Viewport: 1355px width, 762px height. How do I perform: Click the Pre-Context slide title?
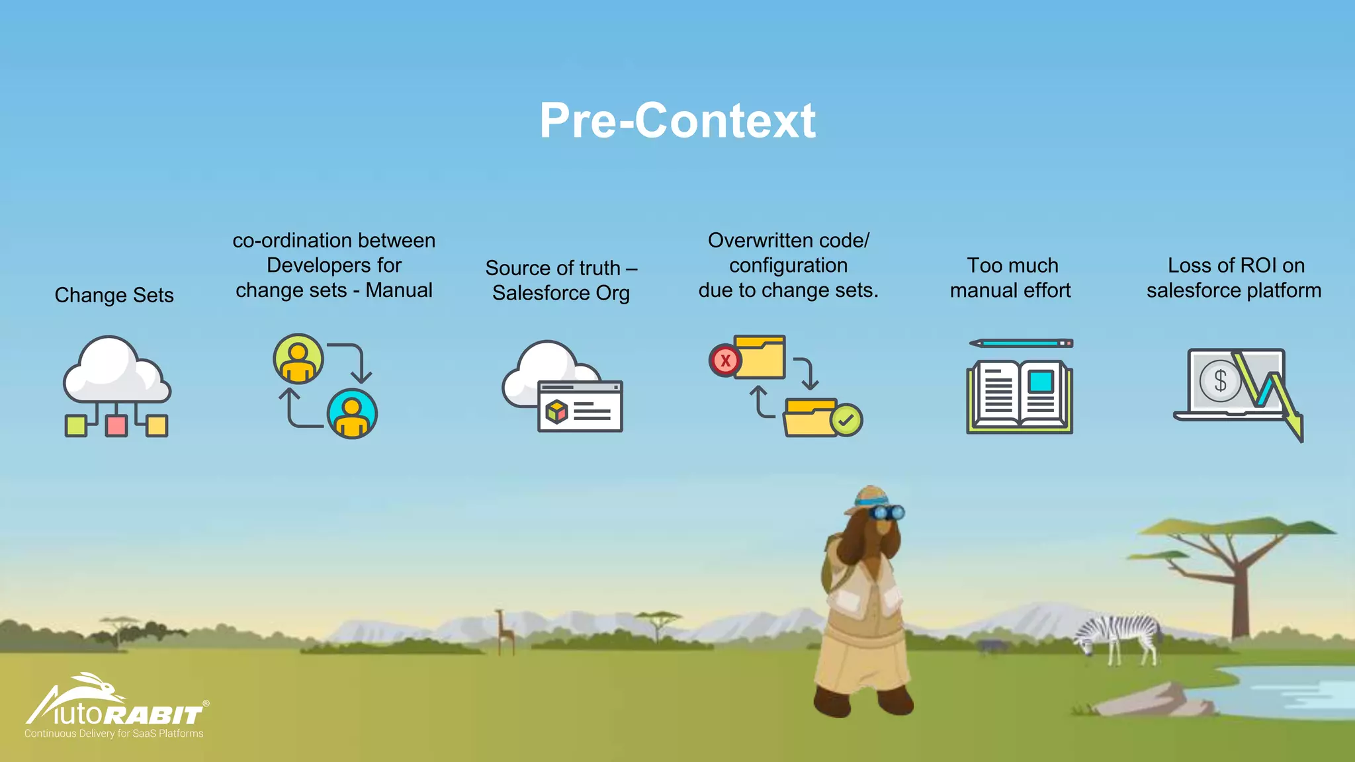(x=677, y=120)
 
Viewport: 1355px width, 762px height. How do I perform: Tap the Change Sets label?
(x=114, y=295)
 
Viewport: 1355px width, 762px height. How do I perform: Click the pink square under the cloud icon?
(x=116, y=425)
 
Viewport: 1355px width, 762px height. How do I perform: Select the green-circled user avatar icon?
(x=298, y=359)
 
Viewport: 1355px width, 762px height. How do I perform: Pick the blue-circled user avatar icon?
(x=352, y=414)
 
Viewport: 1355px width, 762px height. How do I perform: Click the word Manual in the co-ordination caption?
(x=399, y=290)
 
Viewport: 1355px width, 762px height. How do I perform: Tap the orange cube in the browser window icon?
(x=556, y=412)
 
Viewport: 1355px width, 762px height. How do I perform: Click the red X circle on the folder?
(x=725, y=360)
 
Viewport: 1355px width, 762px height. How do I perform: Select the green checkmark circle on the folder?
(x=846, y=419)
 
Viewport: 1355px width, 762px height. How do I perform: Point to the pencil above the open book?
(x=1021, y=343)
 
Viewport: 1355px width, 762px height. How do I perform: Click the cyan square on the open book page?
(x=1041, y=382)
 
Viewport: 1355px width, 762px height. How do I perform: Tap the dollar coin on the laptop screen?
(x=1219, y=381)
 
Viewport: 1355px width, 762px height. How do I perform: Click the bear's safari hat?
(x=869, y=498)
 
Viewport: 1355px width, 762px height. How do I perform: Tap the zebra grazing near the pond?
(x=1118, y=635)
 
